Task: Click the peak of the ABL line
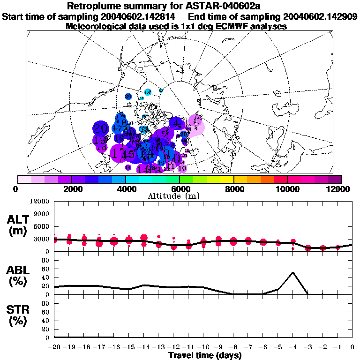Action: point(293,272)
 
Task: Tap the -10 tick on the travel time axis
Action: point(203,347)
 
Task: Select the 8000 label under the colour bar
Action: point(234,189)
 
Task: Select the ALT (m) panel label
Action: point(19,225)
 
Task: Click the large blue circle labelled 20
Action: point(100,127)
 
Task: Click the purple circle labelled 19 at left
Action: point(99,140)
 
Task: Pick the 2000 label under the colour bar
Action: point(71,189)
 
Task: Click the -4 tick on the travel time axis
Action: point(293,347)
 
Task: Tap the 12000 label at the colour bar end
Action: point(339,189)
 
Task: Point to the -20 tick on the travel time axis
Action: point(54,347)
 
